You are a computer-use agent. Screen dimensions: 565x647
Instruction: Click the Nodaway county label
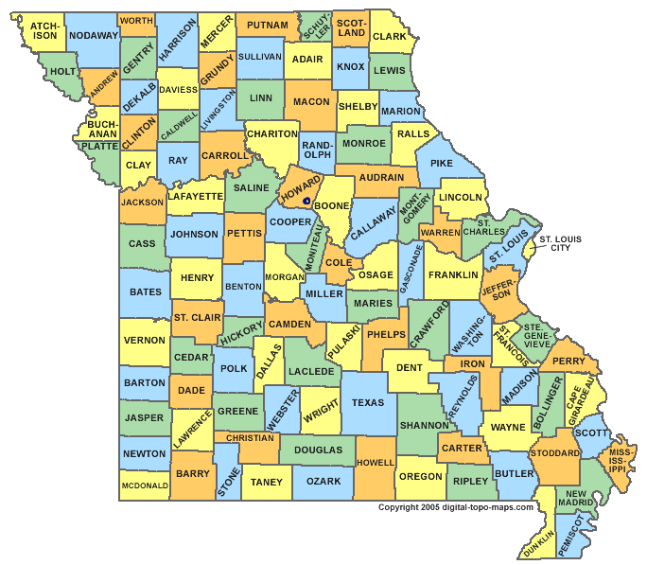[x=94, y=35]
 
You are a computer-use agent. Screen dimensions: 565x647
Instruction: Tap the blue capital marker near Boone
[x=306, y=202]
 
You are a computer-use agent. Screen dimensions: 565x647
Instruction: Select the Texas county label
[x=368, y=403]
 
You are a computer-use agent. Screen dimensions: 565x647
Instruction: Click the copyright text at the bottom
[x=456, y=507]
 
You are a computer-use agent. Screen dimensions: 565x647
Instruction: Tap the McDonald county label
[x=145, y=486]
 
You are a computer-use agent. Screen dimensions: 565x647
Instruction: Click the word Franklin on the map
[x=453, y=275]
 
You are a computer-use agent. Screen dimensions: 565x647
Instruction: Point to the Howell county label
[x=375, y=463]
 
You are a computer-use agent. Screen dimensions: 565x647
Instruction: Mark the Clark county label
[x=389, y=37]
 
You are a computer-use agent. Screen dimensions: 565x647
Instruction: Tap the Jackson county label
[x=143, y=203]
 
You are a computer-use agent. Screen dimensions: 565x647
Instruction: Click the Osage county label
[x=376, y=275]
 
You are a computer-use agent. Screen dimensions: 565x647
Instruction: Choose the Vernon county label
[x=145, y=341]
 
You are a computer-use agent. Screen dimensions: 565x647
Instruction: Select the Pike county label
[x=442, y=164]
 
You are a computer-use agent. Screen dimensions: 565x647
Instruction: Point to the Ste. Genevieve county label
[x=536, y=336]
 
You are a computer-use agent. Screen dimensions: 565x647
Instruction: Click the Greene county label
[x=238, y=412]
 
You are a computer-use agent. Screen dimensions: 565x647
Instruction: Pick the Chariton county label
[x=272, y=134]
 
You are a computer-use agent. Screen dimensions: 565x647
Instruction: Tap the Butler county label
[x=515, y=472]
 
